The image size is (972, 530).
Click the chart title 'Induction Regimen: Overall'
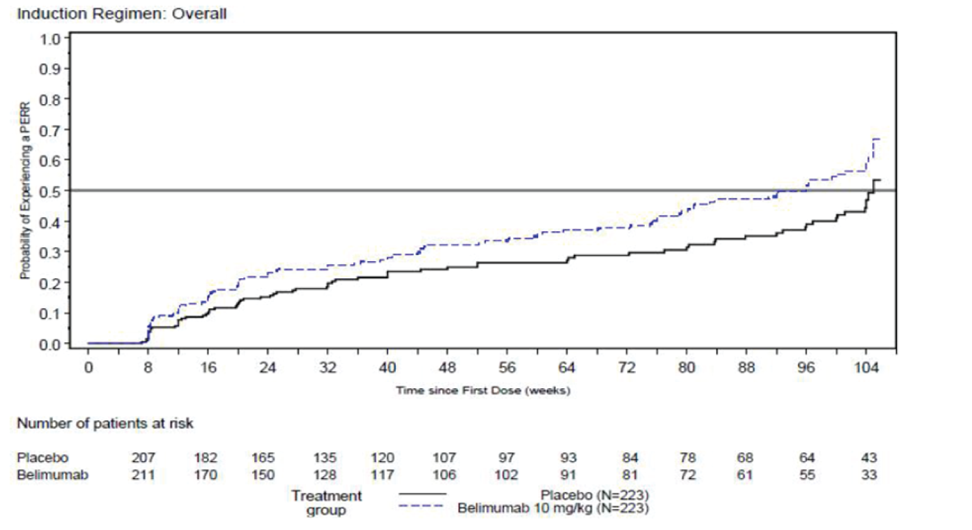coord(121,14)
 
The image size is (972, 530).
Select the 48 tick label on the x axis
coord(447,368)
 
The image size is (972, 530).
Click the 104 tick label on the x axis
coord(866,368)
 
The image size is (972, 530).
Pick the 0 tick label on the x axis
coord(88,368)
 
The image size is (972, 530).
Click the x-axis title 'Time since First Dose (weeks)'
coord(483,390)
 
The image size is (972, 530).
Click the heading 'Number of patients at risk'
coord(105,424)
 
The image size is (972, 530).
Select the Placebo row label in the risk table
coord(43,458)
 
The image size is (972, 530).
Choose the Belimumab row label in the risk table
coord(52,475)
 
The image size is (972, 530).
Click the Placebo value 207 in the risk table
coord(143,458)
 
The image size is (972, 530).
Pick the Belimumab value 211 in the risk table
coord(143,475)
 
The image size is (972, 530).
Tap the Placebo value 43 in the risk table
coord(868,458)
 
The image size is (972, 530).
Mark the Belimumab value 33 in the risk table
coord(868,475)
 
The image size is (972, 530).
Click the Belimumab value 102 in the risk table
coord(506,475)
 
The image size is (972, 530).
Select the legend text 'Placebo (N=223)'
coord(595,495)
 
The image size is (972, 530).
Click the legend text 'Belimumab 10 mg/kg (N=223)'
coord(553,508)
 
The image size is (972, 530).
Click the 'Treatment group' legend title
coord(326,503)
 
